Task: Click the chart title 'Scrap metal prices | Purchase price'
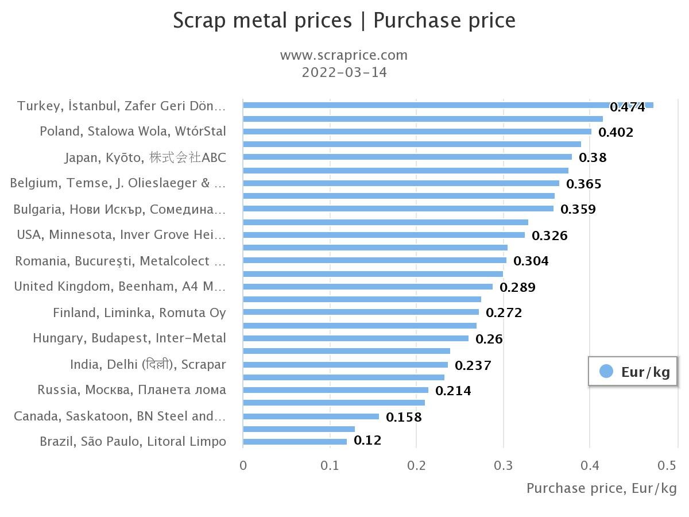pos(344,20)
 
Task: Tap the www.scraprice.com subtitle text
pos(344,55)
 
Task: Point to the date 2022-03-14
pos(344,72)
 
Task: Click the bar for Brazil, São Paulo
pos(295,442)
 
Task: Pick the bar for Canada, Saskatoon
pos(311,416)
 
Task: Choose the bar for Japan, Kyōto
pos(407,157)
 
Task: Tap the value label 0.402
pos(616,133)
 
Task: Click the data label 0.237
pos(473,365)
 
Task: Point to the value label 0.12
pos(367,441)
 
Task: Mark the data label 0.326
pos(549,236)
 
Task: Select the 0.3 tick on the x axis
pos(504,465)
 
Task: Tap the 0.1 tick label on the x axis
pos(330,465)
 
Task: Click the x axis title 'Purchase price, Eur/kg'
pos(601,488)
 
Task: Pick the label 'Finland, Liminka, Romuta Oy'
pos(140,312)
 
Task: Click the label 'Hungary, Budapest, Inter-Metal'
pos(129,338)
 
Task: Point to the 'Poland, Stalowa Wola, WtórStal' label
pos(133,131)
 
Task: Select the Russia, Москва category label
pos(131,390)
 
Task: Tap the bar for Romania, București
pos(374,260)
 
